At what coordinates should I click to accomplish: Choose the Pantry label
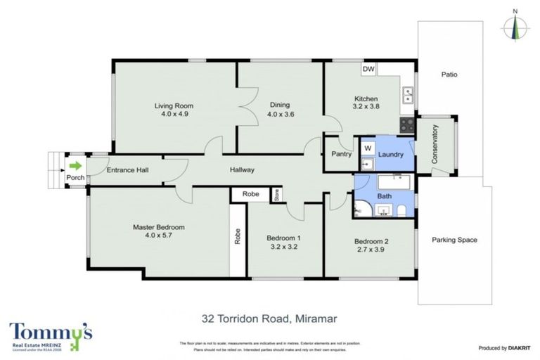[341, 153]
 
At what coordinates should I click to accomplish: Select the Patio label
[450, 74]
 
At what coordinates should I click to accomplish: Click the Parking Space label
[454, 240]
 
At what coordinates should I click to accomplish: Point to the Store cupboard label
[277, 195]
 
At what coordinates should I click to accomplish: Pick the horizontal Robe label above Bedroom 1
[251, 194]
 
